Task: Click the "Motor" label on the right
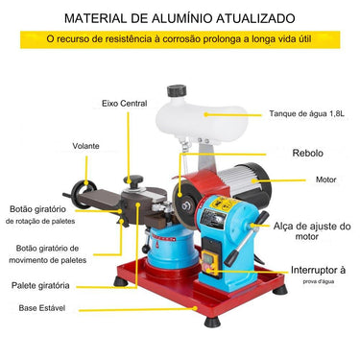[331, 180]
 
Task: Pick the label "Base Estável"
[43, 309]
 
